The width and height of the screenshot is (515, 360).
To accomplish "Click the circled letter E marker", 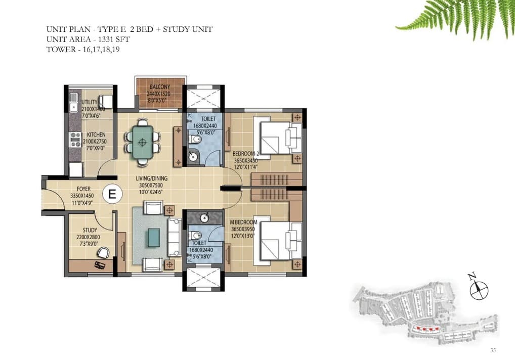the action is (x=112, y=194).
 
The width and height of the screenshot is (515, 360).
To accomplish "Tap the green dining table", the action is (x=142, y=142).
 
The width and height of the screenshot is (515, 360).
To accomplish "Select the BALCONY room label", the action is (x=160, y=87).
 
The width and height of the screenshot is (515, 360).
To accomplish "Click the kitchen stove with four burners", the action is (x=75, y=140).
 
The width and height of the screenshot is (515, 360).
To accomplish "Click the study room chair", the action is (x=104, y=252).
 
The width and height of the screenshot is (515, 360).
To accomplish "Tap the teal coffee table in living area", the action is (x=154, y=237).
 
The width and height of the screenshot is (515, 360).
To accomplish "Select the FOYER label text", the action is (x=84, y=189).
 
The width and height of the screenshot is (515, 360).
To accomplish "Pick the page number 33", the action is (x=493, y=350).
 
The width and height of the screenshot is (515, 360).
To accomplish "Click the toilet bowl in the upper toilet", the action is (x=195, y=140).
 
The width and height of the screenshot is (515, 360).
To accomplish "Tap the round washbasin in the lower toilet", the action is (x=205, y=217).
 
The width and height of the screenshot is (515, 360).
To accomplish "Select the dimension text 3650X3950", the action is (x=243, y=229).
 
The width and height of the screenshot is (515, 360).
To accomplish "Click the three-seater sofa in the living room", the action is (x=175, y=237).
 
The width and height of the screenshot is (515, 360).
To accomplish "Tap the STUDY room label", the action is (x=90, y=230).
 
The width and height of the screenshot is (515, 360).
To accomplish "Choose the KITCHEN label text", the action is (x=96, y=134).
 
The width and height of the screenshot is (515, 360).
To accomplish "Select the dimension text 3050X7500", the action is (x=151, y=185).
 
